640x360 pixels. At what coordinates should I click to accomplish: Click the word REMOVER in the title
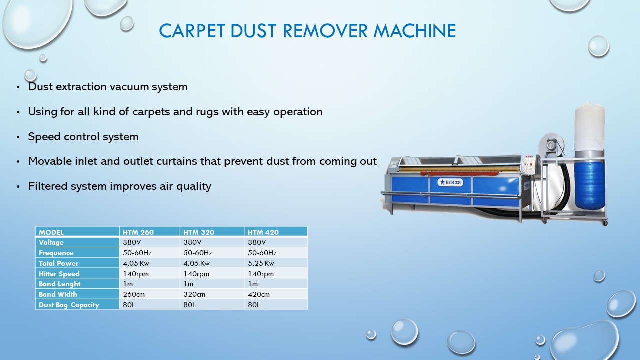pyautogui.click(x=325, y=31)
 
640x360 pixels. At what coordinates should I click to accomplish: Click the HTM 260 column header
pyautogui.click(x=138, y=232)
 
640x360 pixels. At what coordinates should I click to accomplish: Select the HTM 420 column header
pyautogui.click(x=263, y=232)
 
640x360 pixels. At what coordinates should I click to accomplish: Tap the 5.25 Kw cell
pyautogui.click(x=261, y=263)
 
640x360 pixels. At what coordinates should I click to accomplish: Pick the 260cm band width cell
pyautogui.click(x=133, y=294)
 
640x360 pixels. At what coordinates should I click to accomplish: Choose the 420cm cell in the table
pyautogui.click(x=258, y=294)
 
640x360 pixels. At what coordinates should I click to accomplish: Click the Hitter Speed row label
pyautogui.click(x=59, y=274)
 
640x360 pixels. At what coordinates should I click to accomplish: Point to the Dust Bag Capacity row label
pyautogui.click(x=69, y=305)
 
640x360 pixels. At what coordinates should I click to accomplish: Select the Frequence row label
pyautogui.click(x=56, y=253)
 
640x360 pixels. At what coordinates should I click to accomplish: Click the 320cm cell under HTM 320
pyautogui.click(x=194, y=294)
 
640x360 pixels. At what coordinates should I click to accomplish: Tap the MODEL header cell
pyautogui.click(x=51, y=232)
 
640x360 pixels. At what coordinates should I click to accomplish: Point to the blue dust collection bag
pyautogui.click(x=590, y=182)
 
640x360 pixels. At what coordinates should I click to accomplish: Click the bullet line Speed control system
pyautogui.click(x=83, y=136)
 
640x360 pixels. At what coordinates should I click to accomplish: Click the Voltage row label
pyautogui.click(x=51, y=242)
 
